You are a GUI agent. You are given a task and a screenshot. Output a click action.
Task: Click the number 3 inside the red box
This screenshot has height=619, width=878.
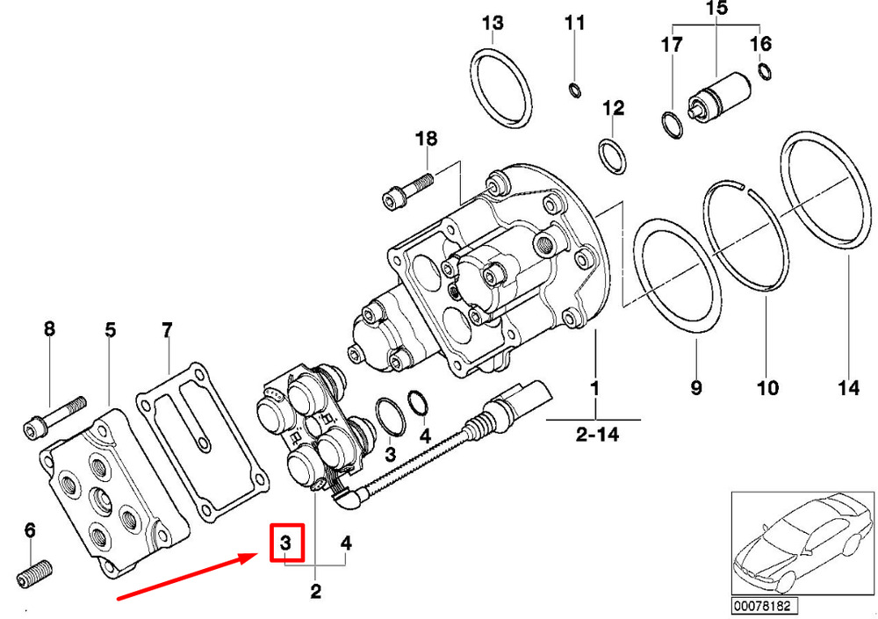pos(285,543)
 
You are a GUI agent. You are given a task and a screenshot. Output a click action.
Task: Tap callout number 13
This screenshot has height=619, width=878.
pos(493,23)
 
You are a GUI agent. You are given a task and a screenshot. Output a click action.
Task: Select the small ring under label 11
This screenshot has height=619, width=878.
pos(574,89)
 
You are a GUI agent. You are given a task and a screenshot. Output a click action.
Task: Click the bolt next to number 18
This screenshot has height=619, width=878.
pos(407,191)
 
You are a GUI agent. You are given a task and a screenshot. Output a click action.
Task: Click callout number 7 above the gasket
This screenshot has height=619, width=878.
pos(167,330)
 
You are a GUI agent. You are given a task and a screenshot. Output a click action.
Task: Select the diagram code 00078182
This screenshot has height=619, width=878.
pos(765,606)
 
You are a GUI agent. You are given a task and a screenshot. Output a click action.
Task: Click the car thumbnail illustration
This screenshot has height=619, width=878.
pos(803,543)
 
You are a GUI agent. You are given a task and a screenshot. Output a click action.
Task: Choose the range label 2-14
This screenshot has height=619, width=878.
pos(598,434)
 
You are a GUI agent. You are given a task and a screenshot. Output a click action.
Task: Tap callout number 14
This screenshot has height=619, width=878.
pos(848,388)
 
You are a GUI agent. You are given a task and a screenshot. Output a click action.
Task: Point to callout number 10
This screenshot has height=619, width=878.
pos(767,388)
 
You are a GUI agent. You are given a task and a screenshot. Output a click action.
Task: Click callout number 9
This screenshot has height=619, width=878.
pos(696,388)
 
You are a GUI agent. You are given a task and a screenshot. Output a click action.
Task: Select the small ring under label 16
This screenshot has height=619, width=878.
pos(765,71)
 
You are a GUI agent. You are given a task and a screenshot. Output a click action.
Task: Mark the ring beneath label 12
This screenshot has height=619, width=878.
pos(613,157)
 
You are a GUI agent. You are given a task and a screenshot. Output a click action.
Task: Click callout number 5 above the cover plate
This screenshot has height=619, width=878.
pos(111,330)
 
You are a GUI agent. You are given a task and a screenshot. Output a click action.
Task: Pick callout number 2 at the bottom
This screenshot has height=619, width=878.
pos(316,592)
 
